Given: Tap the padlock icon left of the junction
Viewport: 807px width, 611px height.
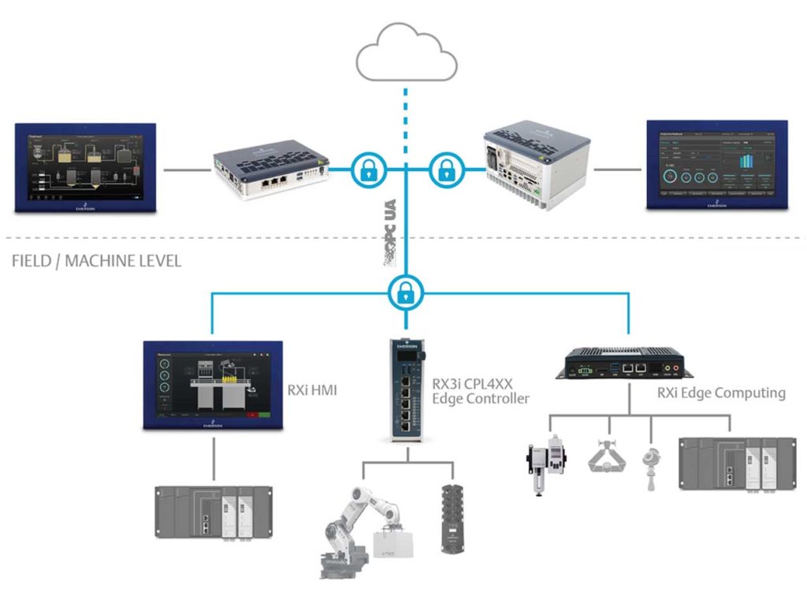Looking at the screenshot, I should pyautogui.click(x=368, y=168).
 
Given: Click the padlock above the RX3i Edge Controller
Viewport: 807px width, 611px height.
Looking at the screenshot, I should pyautogui.click(x=406, y=292).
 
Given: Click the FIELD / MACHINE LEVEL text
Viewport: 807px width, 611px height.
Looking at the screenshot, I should pyautogui.click(x=96, y=261).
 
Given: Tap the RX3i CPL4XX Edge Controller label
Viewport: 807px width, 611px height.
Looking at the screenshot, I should pyautogui.click(x=480, y=391).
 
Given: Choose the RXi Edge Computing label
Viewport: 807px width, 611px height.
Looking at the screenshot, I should pyautogui.click(x=721, y=393).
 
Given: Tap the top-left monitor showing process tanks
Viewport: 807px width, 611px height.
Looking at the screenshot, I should pyautogui.click(x=86, y=167).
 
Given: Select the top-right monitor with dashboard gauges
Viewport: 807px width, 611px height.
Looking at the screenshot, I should pyautogui.click(x=716, y=165).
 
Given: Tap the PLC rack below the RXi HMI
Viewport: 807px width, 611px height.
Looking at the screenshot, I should pyautogui.click(x=213, y=512).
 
